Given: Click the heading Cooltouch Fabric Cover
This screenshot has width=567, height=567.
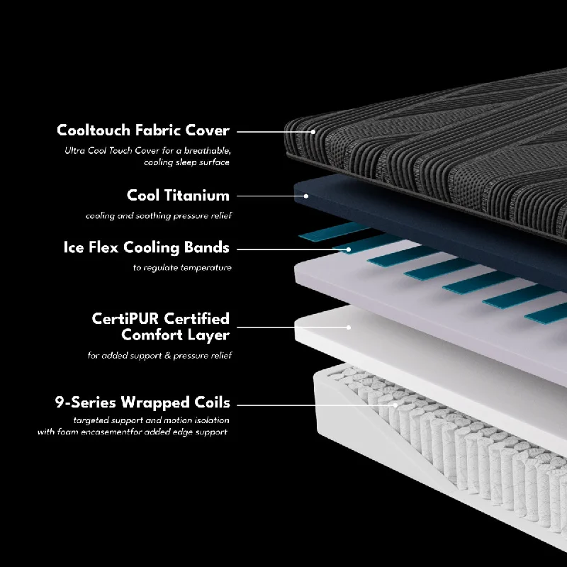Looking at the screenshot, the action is (143, 130).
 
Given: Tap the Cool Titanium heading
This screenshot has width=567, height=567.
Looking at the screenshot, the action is (179, 196).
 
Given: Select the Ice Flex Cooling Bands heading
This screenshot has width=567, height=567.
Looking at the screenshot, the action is (147, 247).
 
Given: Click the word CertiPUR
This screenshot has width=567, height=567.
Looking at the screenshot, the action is (125, 318).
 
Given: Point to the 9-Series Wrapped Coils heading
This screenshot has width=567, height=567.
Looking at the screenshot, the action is (142, 403).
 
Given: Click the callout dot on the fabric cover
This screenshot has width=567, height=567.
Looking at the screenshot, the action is (313, 132).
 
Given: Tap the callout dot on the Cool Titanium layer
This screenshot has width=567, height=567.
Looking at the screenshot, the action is (306, 196).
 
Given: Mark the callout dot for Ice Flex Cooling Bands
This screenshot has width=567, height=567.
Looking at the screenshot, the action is (349, 249).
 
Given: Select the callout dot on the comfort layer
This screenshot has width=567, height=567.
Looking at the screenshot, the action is (349, 327).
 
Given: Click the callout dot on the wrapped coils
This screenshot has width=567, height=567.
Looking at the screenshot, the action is (395, 405).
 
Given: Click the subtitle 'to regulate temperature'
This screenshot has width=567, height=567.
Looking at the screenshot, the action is (182, 268).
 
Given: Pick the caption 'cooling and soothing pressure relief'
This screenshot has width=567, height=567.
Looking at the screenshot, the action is (159, 216).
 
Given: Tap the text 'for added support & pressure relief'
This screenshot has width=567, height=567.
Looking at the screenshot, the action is (159, 356).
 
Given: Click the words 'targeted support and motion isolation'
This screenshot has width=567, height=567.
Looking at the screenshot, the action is (151, 420).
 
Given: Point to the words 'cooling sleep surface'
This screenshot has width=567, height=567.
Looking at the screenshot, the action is (186, 162).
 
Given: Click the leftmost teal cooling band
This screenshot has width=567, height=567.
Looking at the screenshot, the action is (332, 232).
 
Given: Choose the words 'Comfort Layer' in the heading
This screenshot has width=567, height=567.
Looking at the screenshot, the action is (175, 335).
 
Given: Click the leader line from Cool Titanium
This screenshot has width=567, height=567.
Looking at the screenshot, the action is (271, 196).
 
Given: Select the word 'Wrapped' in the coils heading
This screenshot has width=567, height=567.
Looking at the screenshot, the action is (155, 403).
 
